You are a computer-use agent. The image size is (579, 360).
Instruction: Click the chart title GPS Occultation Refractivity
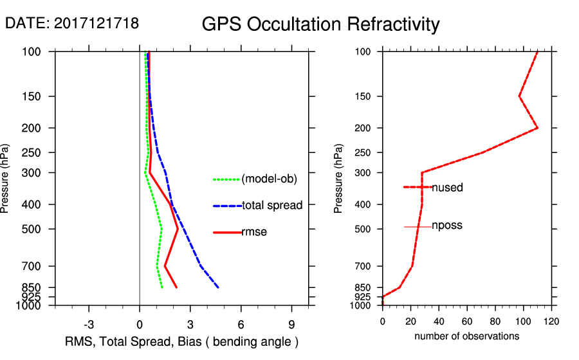click(320, 24)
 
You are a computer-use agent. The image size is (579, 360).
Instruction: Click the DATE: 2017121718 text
click(72, 23)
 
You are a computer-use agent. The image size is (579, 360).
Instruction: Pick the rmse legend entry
click(254, 232)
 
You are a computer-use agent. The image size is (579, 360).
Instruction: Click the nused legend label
click(447, 188)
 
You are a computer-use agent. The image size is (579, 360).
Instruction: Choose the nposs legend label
click(447, 226)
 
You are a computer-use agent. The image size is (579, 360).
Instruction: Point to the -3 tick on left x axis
click(89, 323)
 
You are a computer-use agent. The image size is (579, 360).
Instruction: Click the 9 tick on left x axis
click(292, 323)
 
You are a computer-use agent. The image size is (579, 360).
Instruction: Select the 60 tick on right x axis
click(467, 321)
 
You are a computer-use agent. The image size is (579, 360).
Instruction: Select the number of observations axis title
click(466, 336)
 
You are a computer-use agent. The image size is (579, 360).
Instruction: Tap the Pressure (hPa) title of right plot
click(338, 179)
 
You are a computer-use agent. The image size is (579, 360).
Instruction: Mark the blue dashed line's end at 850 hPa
click(219, 287)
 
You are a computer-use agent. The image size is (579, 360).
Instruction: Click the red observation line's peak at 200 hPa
click(537, 128)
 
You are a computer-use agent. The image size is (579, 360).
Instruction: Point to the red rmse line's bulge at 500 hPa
click(178, 229)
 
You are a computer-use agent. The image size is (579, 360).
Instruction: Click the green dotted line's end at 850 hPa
click(162, 287)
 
